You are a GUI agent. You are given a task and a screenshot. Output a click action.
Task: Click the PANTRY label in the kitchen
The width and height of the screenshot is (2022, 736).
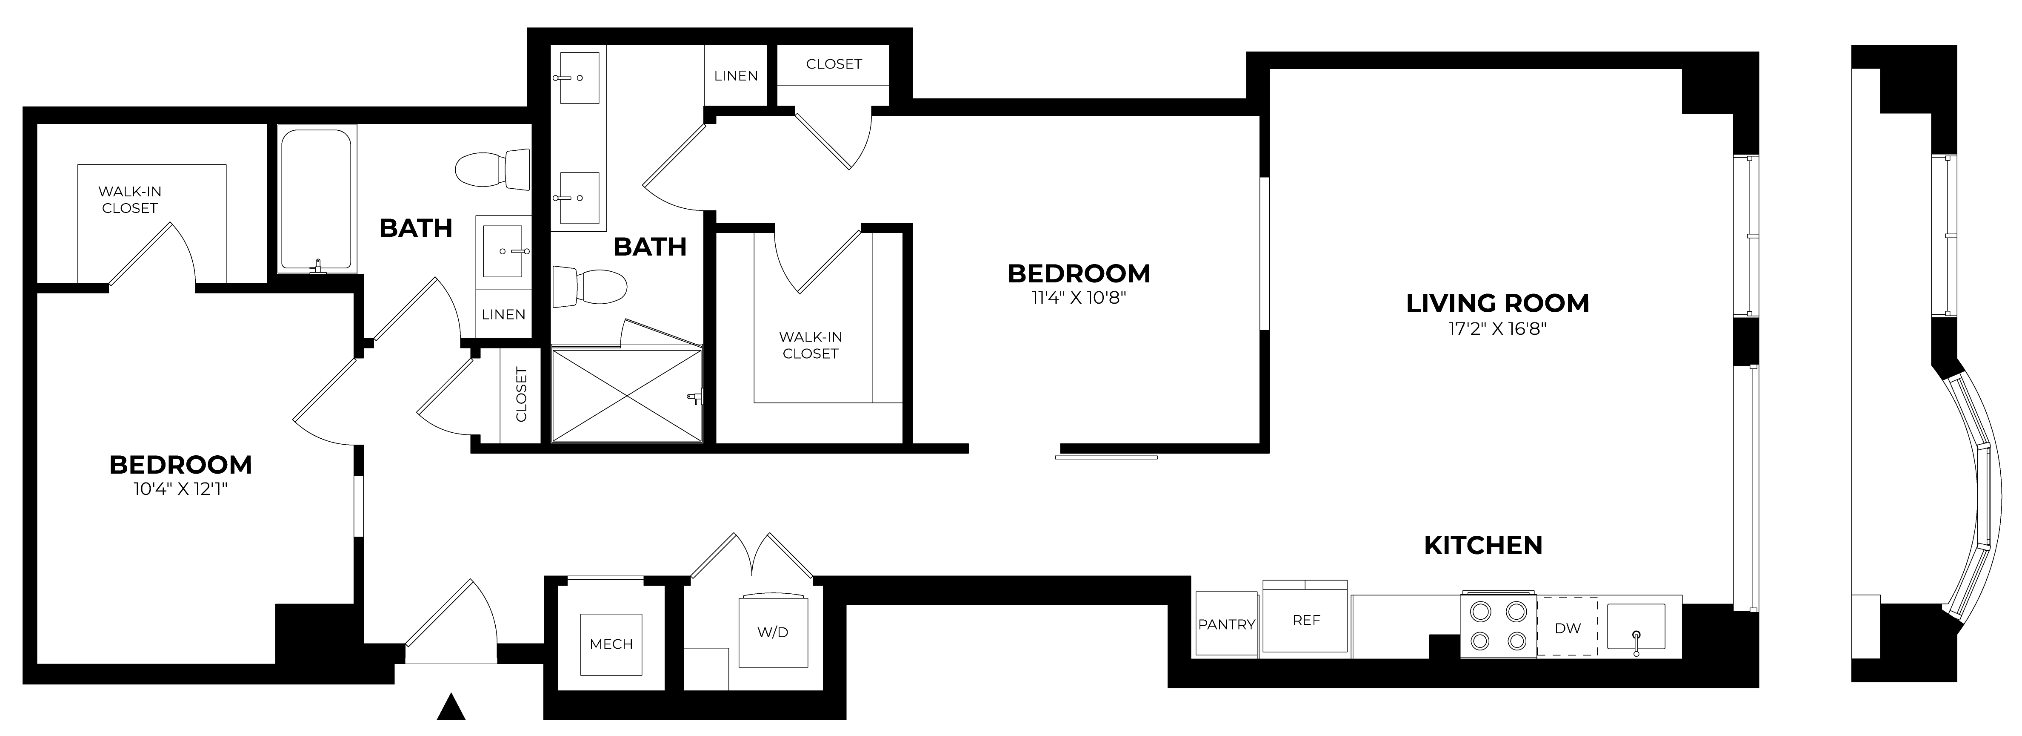tap(1226, 624)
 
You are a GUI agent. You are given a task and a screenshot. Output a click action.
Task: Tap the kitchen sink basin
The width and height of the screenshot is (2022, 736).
tap(1636, 627)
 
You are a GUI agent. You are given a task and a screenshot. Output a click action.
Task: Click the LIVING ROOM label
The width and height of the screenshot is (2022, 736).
tap(1497, 303)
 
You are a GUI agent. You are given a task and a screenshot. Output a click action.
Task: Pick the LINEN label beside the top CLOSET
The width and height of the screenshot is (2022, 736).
tap(736, 75)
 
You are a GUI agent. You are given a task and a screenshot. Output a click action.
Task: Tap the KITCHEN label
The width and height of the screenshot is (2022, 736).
tap(1483, 545)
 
